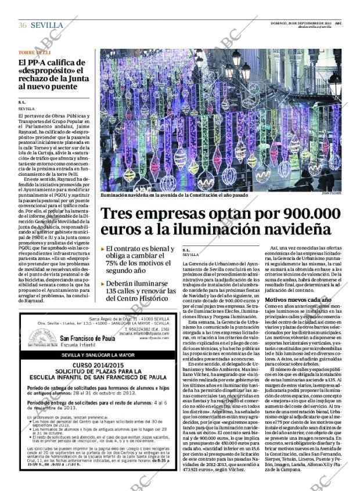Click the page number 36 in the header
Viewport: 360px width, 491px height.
(x=23, y=25)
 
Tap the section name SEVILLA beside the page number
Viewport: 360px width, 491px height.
(x=47, y=25)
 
